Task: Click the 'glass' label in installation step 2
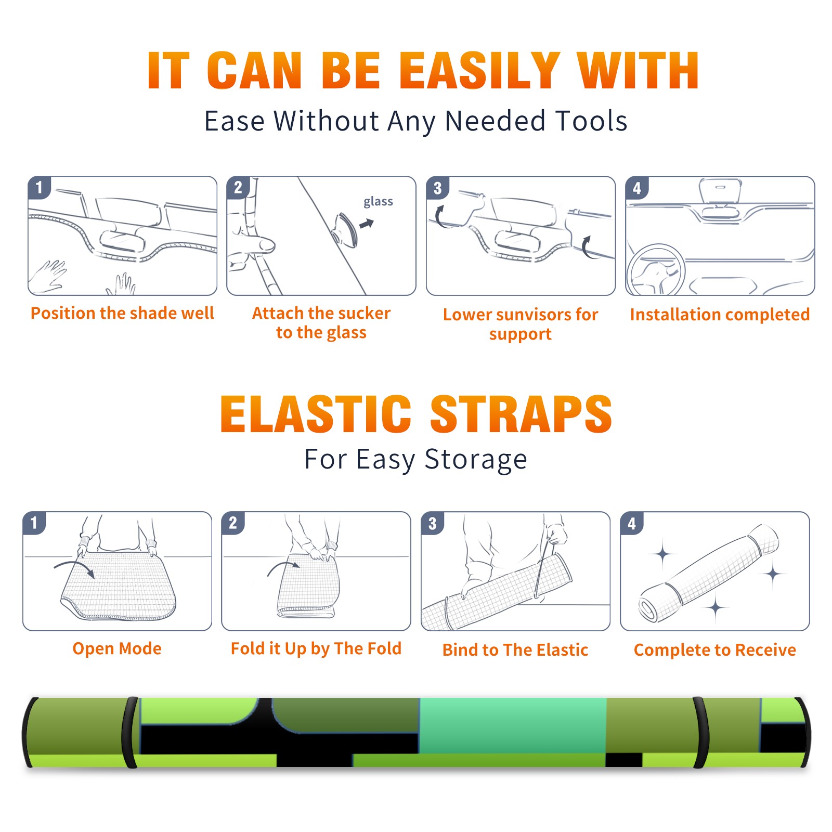click(x=378, y=202)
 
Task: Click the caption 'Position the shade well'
click(x=122, y=313)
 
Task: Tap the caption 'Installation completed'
click(x=720, y=315)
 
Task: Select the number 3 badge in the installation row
click(x=437, y=188)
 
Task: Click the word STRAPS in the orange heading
click(x=521, y=414)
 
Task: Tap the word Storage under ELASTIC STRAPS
click(x=476, y=460)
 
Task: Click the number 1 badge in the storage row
click(x=34, y=523)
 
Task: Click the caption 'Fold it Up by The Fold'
click(x=316, y=648)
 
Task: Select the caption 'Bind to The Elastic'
click(x=515, y=650)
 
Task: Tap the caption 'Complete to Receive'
click(x=715, y=650)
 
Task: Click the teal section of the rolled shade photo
click(x=513, y=726)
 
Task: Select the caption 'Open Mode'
click(x=117, y=648)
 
